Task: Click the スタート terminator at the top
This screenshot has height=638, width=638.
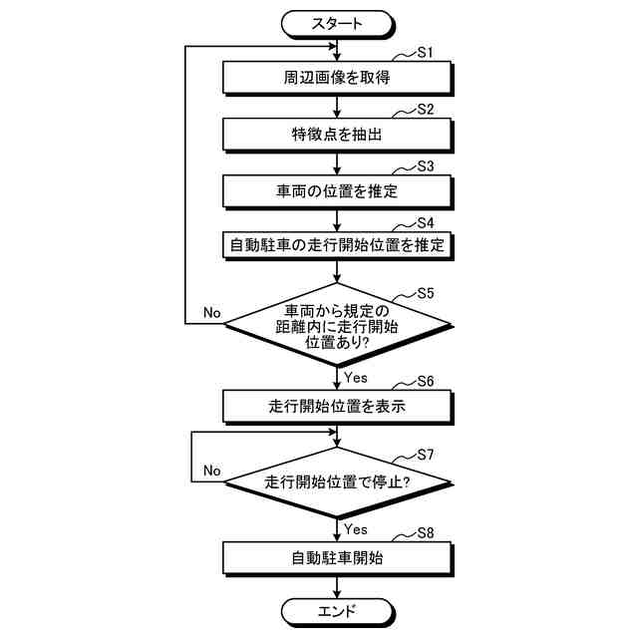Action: (x=338, y=21)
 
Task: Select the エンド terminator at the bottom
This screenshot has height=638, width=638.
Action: (x=338, y=610)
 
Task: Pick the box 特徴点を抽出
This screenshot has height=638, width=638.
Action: (x=338, y=133)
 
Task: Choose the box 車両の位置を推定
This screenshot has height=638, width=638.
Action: (x=338, y=188)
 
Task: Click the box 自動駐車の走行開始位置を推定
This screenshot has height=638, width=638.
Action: (x=338, y=244)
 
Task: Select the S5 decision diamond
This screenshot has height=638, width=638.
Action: (x=338, y=325)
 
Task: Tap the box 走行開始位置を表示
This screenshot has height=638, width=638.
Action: (x=338, y=405)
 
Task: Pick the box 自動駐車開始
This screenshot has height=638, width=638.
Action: (x=338, y=557)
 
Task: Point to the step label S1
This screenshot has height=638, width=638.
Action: (x=424, y=53)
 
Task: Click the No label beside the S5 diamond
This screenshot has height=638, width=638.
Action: (x=211, y=312)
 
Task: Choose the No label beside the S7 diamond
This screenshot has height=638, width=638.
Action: (x=211, y=470)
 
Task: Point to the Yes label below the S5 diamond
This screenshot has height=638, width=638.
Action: (x=355, y=377)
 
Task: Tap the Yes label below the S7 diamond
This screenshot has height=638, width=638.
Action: (x=355, y=528)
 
